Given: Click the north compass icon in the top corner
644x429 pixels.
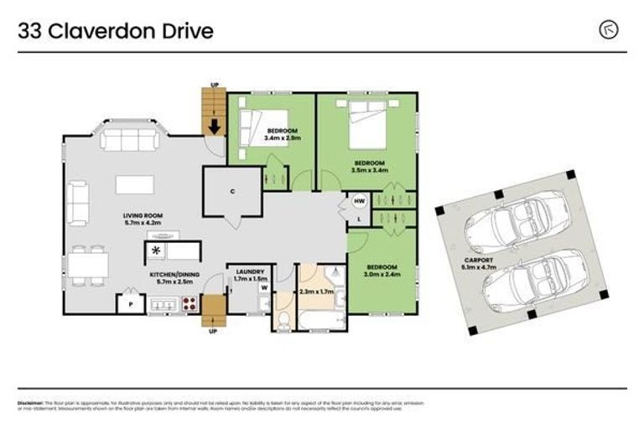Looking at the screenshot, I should pos(609,31).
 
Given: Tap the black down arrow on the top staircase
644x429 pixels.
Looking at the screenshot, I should pos(214,127).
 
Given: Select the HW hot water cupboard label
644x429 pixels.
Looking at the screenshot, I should pos(359,201).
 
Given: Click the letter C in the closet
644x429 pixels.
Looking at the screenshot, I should pos(232,191).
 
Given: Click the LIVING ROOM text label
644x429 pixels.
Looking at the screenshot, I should pos(140,215).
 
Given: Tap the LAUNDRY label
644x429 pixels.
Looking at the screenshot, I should pos(251,271).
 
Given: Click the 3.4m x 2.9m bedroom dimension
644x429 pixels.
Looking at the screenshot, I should pos(283,137).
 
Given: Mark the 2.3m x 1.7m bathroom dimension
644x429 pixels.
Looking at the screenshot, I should pos(316,292).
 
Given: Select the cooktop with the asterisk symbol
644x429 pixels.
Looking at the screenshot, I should pos(157,250).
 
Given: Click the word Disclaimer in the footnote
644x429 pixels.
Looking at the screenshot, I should pos(30,402).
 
